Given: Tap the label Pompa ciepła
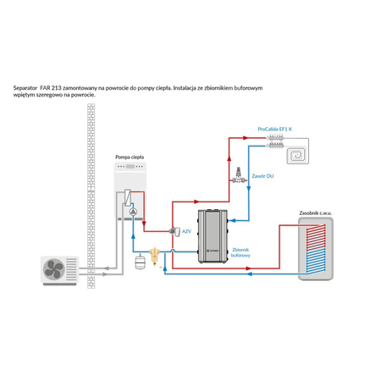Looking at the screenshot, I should pyautogui.click(x=129, y=158).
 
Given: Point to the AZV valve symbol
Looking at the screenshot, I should pyautogui.click(x=172, y=230).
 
